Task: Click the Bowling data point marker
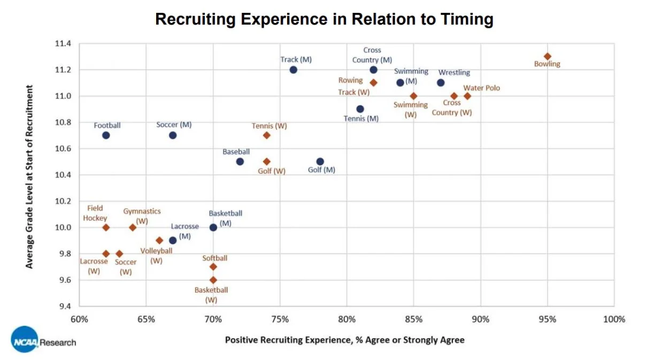point(547,56)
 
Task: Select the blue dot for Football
point(106,135)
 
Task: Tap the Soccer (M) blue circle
point(173,135)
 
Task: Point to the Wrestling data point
point(441,82)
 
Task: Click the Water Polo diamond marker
point(467,96)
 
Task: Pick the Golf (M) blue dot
point(320,162)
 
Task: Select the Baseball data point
point(240,162)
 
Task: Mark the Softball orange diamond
point(213,266)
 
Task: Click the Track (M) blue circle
point(293,70)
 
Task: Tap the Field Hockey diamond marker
point(106,227)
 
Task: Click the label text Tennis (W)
point(269,126)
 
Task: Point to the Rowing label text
point(350,81)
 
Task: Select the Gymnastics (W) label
point(142,216)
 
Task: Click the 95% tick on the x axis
point(547,319)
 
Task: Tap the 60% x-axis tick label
point(79,319)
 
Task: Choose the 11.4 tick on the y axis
point(63,43)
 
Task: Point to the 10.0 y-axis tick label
point(63,227)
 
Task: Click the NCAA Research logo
point(43,340)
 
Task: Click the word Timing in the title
point(463,20)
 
